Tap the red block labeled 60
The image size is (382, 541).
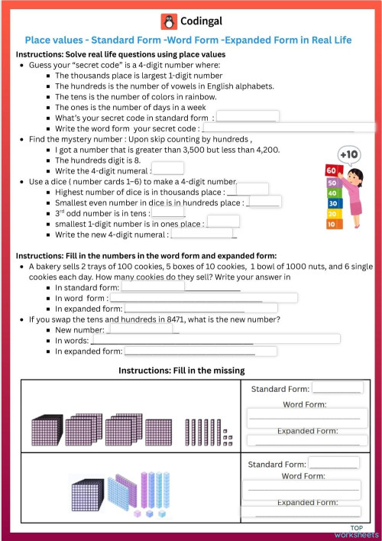pyautogui.click(x=331, y=170)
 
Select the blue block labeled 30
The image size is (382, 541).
pyautogui.click(x=332, y=203)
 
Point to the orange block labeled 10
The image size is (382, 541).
pyautogui.click(x=331, y=225)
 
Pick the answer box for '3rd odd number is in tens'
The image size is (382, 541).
pyautogui.click(x=168, y=213)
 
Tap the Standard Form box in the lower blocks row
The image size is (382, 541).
pyautogui.click(x=333, y=464)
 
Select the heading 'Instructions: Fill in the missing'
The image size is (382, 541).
pyautogui.click(x=181, y=371)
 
